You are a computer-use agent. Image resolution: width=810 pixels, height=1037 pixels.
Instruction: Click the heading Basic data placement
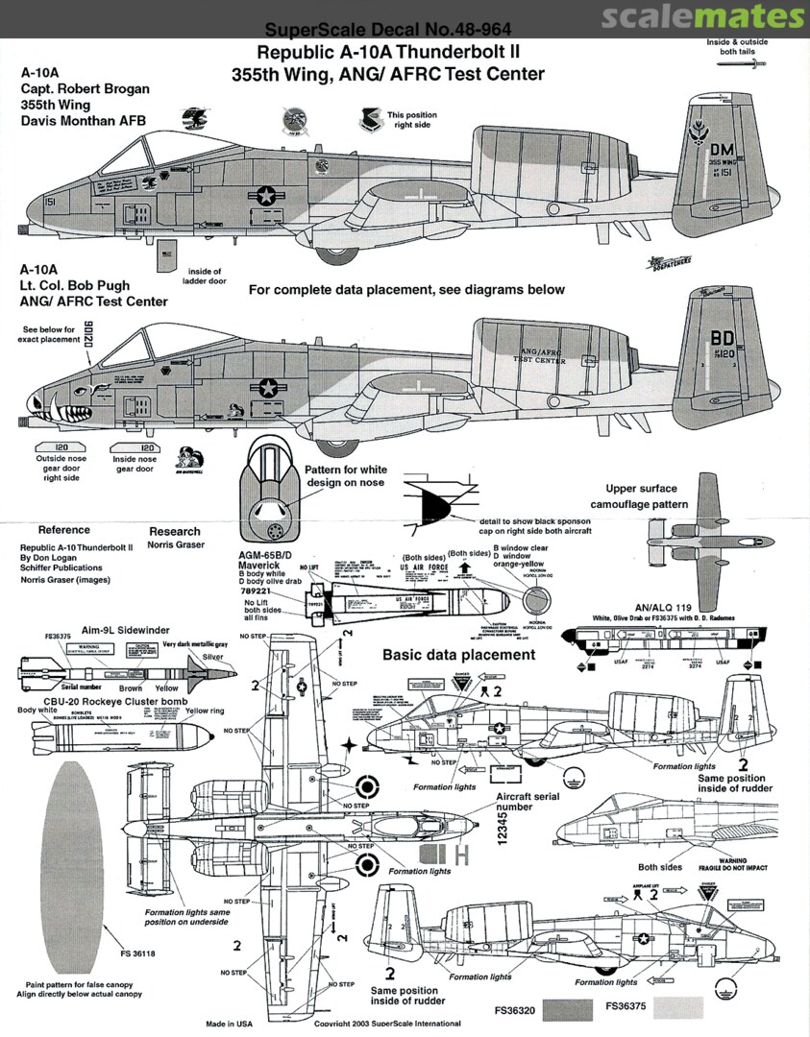coord(458,655)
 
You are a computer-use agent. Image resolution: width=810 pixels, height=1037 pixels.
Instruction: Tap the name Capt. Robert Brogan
coord(86,89)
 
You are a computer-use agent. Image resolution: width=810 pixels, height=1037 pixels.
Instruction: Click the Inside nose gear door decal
coord(134,447)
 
